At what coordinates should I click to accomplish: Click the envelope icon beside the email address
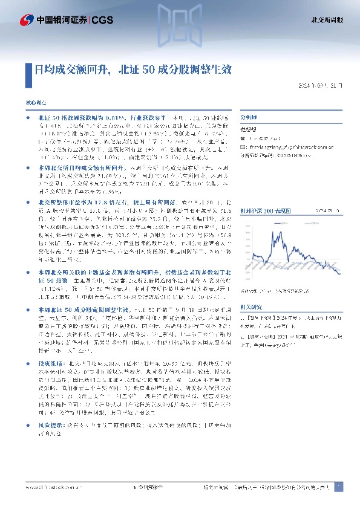point(243,146)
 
